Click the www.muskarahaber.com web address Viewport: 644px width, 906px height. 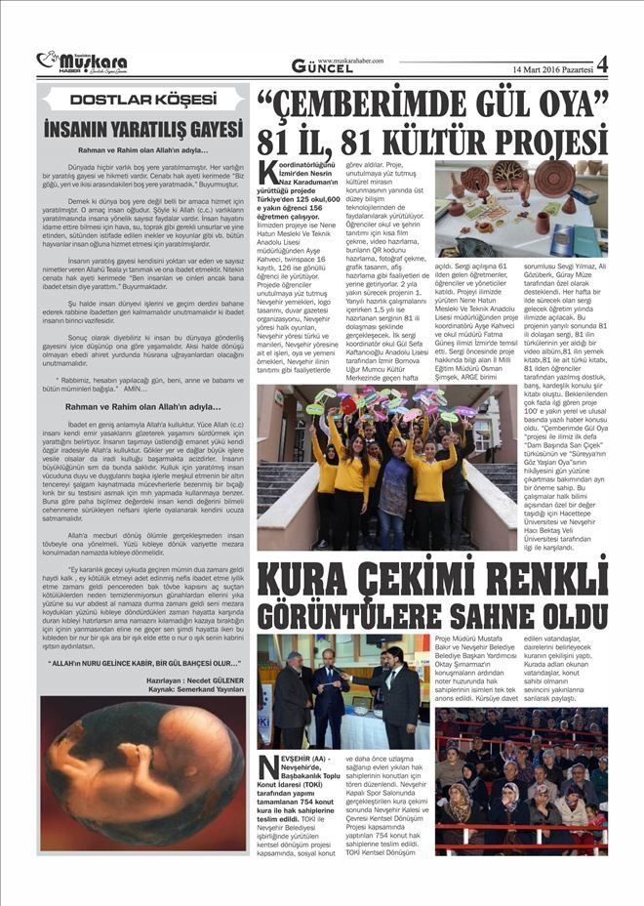(x=351, y=60)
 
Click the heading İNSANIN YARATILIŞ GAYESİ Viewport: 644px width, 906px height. (x=142, y=128)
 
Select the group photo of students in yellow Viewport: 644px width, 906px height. (x=386, y=468)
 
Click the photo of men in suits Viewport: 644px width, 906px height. (x=343, y=690)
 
